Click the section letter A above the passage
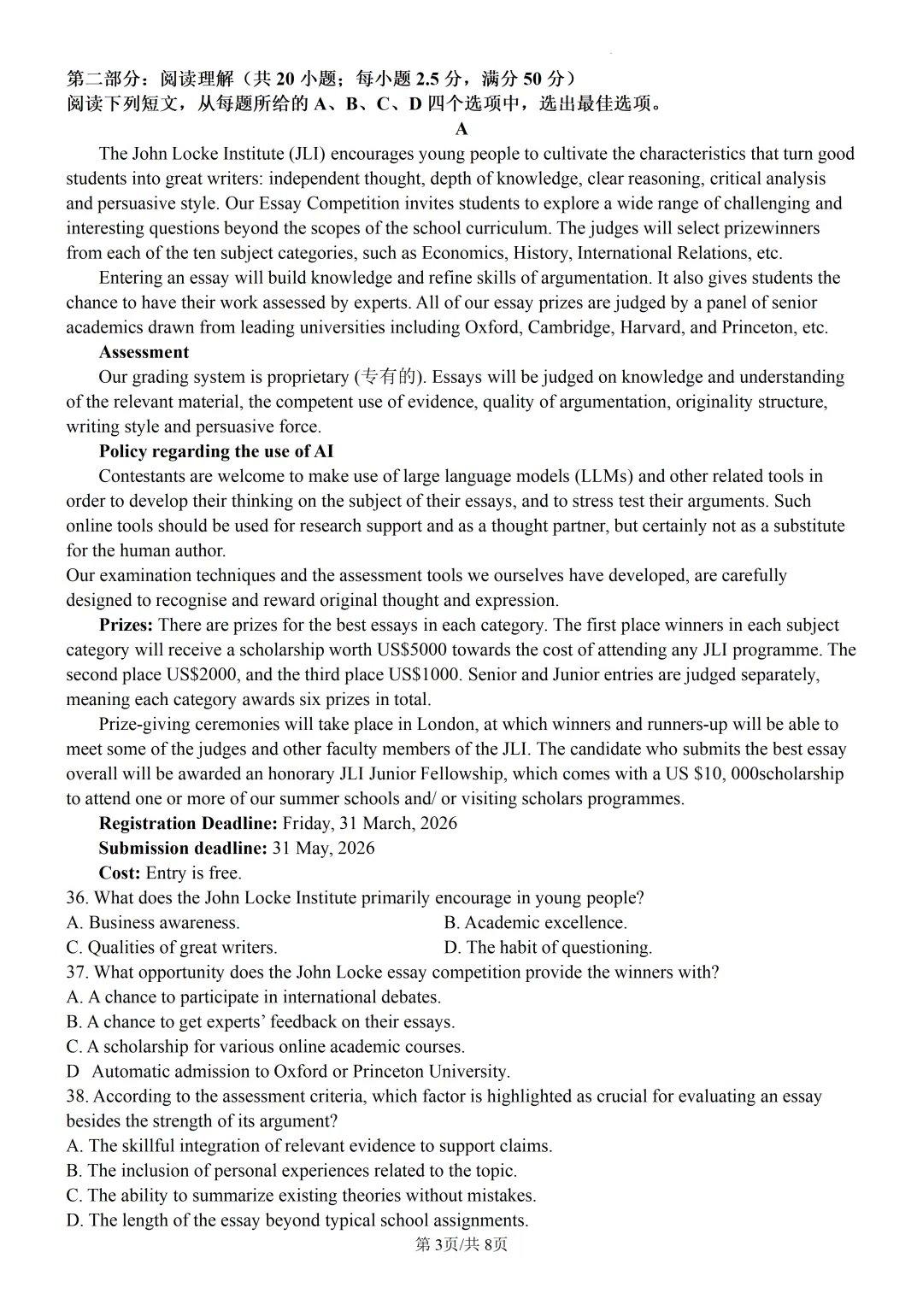[x=461, y=129]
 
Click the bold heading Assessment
[x=144, y=352]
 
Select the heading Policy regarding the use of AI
[x=216, y=451]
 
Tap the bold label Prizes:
[x=126, y=625]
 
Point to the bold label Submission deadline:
[x=183, y=848]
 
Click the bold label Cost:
[x=120, y=873]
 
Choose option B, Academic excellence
[x=536, y=922]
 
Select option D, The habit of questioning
[x=548, y=947]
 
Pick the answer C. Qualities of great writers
[x=172, y=947]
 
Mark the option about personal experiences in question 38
[x=291, y=1170]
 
